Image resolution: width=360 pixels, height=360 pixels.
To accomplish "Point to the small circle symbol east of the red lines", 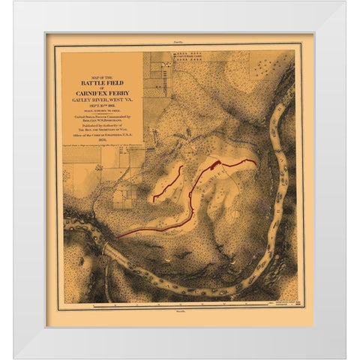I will click(x=238, y=214).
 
